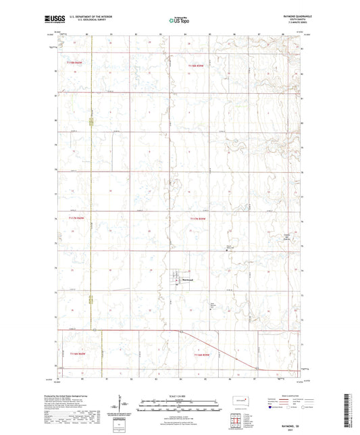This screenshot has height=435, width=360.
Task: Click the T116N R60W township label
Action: click(x=78, y=353)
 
